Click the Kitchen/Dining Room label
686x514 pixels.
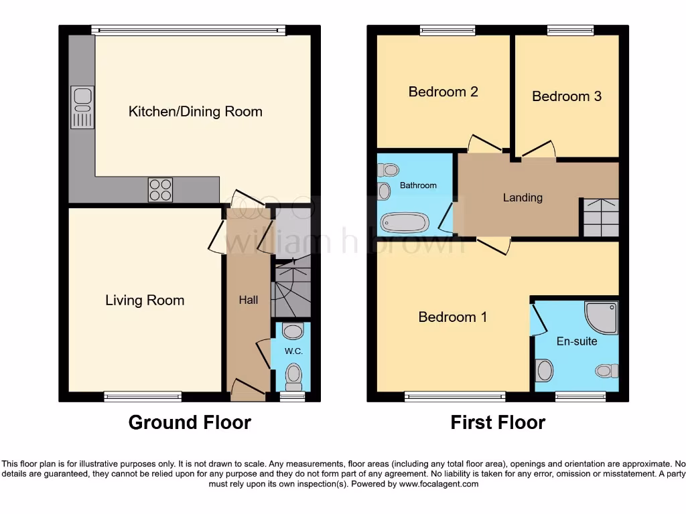195,112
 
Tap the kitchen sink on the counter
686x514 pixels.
82,106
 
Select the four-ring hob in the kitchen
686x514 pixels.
160,189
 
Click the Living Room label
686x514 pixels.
145,301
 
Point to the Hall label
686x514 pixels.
249,301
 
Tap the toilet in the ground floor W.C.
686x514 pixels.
293,376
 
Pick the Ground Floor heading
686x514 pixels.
190,423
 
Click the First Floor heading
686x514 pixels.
498,423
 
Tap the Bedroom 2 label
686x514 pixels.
443,92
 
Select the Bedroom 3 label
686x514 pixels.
567,96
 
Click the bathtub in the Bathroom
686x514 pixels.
404,222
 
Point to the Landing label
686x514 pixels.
523,197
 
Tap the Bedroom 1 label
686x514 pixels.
452,317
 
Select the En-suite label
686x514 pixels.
577,341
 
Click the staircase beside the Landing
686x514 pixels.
600,218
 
